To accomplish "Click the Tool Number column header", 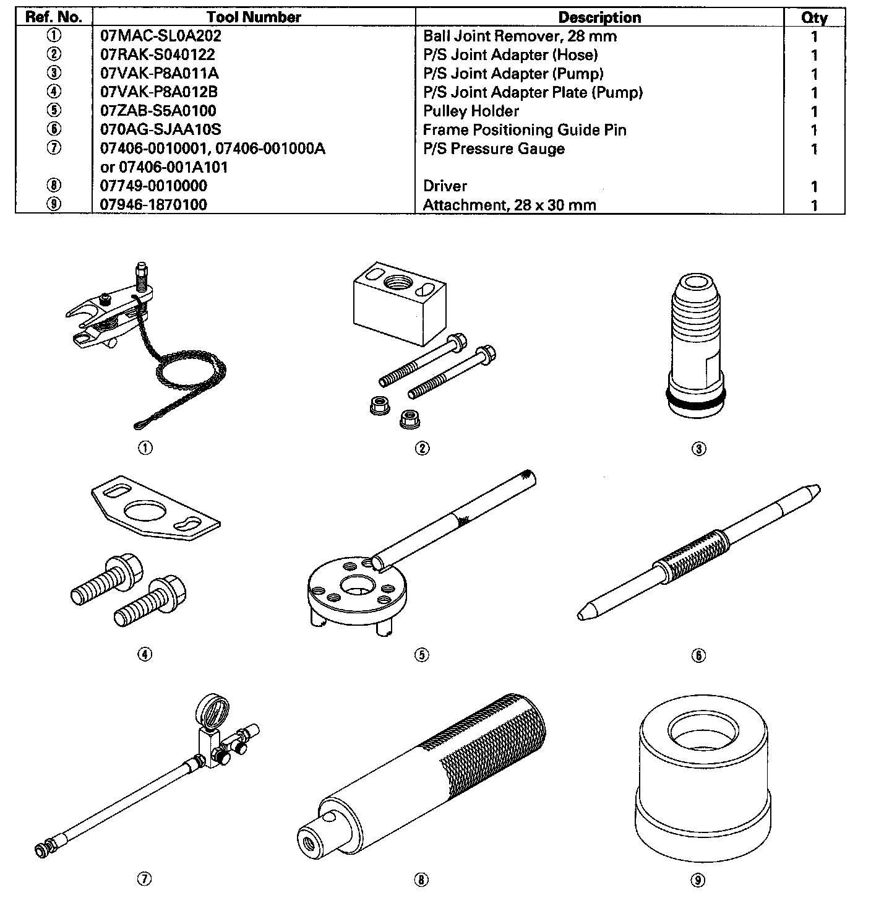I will [254, 17].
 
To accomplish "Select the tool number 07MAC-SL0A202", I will [160, 36].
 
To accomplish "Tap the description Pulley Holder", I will [471, 111].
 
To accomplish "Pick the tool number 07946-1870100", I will [153, 205].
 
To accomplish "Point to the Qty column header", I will [813, 17].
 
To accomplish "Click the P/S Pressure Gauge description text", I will [493, 149].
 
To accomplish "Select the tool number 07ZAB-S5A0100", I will [158, 111].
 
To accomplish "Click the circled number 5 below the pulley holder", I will [421, 655].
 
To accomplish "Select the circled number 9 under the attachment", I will [697, 879].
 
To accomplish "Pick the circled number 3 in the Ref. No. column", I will [54, 74].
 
